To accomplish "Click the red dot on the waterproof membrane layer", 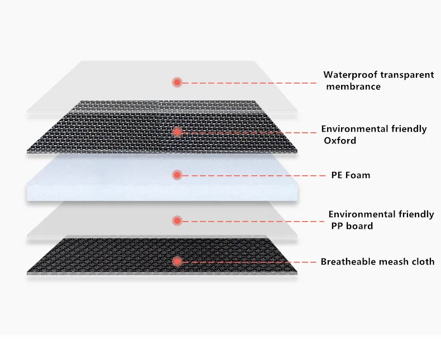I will (x=177, y=82).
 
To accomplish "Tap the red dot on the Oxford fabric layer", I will (x=177, y=132).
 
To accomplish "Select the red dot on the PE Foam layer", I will (x=177, y=175).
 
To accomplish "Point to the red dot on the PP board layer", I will (x=177, y=220).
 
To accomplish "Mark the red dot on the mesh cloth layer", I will (x=177, y=261).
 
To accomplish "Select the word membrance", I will (x=353, y=87).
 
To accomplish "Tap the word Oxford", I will (x=340, y=141).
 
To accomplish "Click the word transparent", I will (x=407, y=75).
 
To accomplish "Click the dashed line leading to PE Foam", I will (x=251, y=175).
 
